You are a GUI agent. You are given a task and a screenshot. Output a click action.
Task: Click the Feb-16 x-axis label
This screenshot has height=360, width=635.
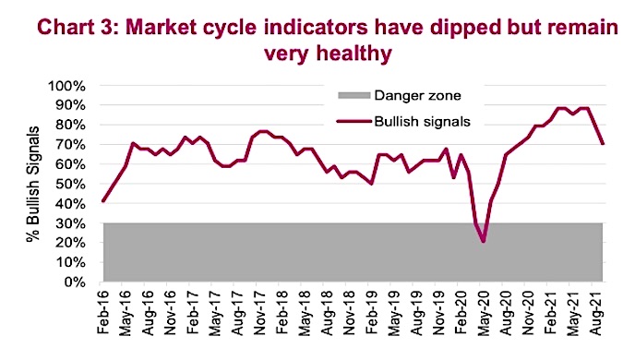click(102, 310)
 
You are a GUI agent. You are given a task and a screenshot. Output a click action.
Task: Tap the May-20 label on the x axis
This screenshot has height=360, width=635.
click(480, 310)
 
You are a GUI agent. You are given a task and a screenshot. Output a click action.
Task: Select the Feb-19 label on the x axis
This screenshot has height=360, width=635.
click(371, 310)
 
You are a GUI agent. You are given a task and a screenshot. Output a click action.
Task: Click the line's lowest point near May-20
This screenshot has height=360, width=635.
click(482, 242)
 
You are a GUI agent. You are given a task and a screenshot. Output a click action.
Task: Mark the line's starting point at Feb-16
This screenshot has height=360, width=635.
click(102, 201)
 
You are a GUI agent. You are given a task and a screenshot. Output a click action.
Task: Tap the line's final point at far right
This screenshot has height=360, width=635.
click(604, 143)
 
